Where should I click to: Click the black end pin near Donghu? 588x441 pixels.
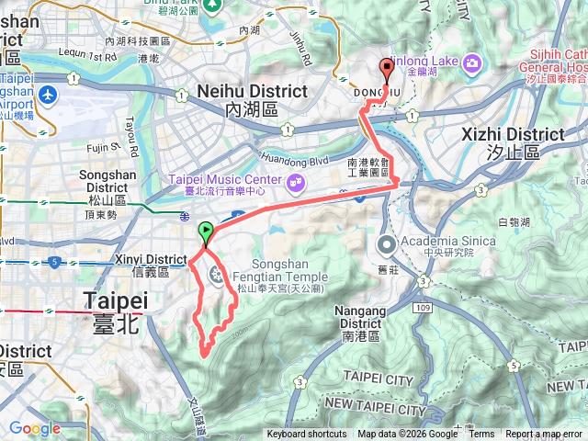(x=386, y=67)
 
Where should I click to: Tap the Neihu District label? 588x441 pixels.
(x=253, y=92)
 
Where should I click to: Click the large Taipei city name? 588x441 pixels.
(x=116, y=301)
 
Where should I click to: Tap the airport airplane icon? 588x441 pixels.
(x=48, y=96)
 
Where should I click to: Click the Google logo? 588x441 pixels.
(x=34, y=428)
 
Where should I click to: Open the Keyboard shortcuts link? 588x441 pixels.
(x=307, y=435)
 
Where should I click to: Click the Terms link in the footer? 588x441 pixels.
(x=481, y=435)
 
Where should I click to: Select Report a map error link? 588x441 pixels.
(x=545, y=435)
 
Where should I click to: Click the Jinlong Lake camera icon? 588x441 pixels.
(x=472, y=62)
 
